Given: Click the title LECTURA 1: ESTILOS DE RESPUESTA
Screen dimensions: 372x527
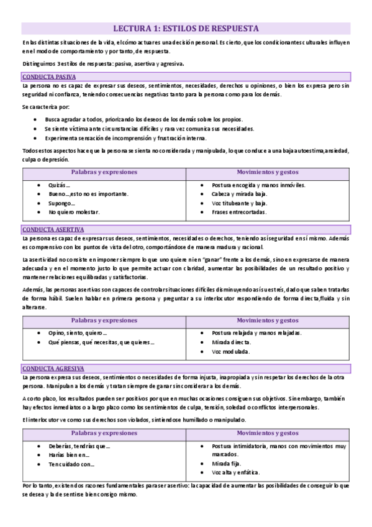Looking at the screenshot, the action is point(186,28).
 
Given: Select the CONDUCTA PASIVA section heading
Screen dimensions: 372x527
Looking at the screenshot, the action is point(48,76).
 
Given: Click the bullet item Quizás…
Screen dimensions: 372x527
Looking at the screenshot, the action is point(60,185).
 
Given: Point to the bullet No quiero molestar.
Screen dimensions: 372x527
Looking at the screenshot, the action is point(74,211).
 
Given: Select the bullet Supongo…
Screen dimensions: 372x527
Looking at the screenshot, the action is point(63,203).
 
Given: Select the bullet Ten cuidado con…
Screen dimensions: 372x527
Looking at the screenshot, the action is point(71,463).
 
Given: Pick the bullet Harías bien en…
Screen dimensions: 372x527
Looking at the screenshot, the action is point(68,454).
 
